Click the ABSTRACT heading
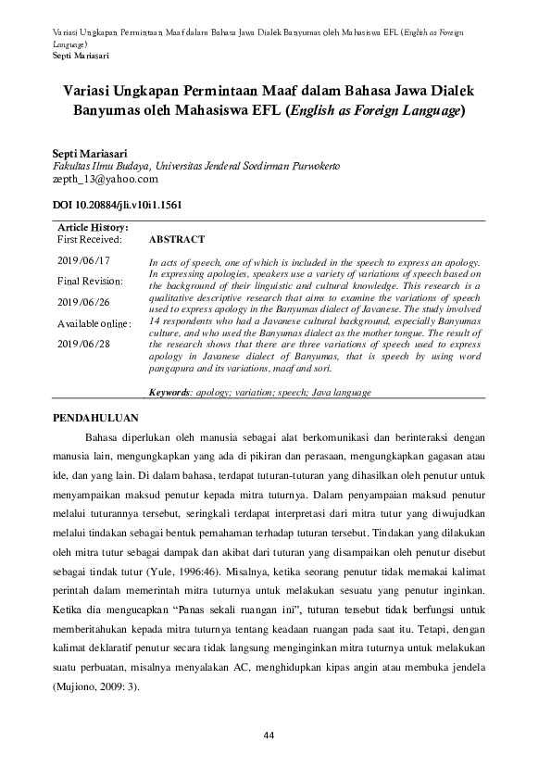point(177,239)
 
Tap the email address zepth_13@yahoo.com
point(106,179)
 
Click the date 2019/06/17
point(83,260)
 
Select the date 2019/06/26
point(83,302)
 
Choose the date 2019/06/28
point(83,344)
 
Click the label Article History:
point(93,227)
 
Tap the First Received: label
point(90,239)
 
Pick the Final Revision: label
point(90,281)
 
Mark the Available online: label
point(94,323)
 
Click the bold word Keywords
point(169,392)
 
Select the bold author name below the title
point(91,152)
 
